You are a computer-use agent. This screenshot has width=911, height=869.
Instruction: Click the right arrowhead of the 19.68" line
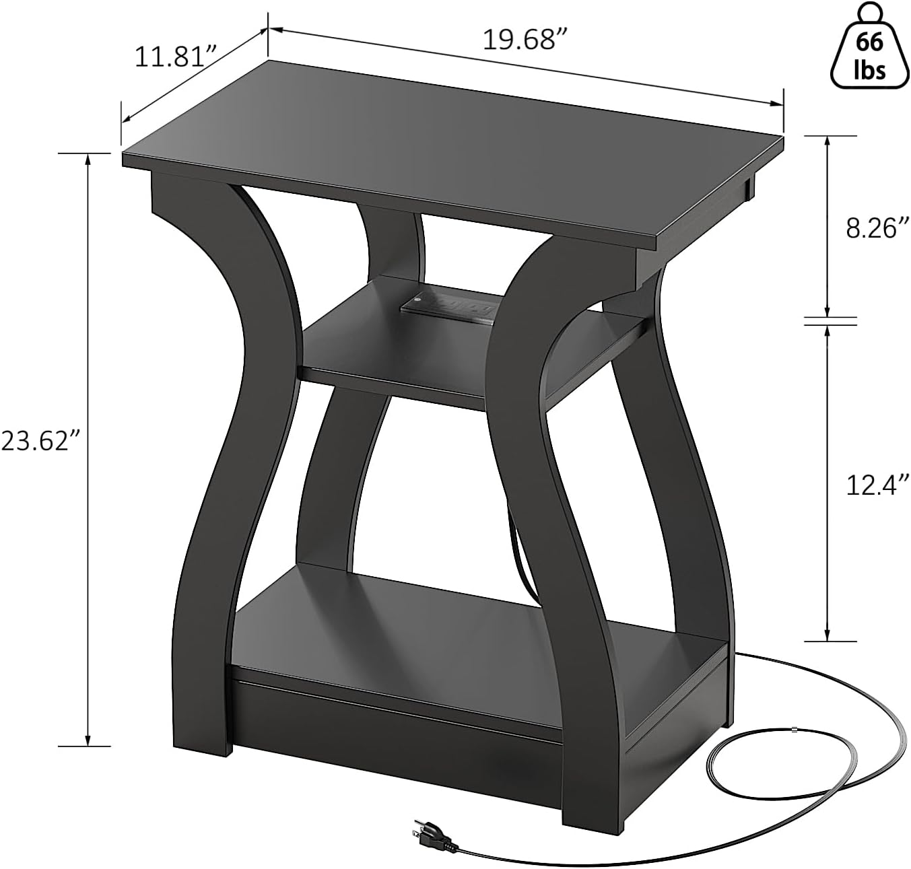click(780, 103)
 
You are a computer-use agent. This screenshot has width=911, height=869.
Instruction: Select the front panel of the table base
click(397, 747)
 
